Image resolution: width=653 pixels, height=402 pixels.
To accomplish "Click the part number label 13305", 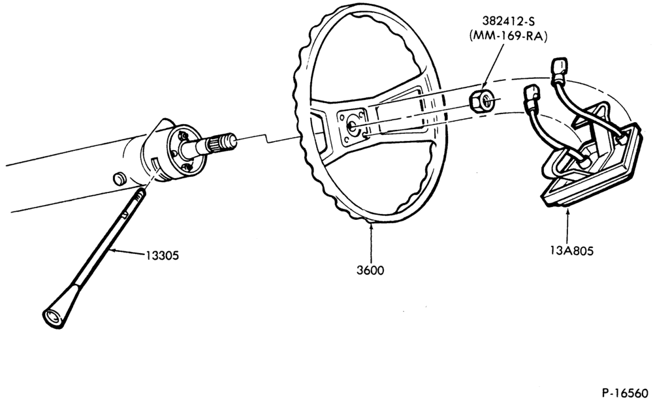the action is coord(162,255).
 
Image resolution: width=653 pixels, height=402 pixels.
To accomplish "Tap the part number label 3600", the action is coord(370,270).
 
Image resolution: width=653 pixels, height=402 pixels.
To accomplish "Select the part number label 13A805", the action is coord(571,251).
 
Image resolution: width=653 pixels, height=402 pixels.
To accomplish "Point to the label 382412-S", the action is coord(508,22).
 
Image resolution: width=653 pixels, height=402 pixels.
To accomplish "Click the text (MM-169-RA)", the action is coord(508,36).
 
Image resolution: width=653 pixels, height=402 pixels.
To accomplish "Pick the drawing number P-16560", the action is coord(625,393).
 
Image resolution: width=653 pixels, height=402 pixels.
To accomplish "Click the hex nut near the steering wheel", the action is coord(482,102).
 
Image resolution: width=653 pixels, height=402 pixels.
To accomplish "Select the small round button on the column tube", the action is coord(119,179).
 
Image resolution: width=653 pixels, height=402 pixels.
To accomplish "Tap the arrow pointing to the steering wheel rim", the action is coord(370,242).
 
